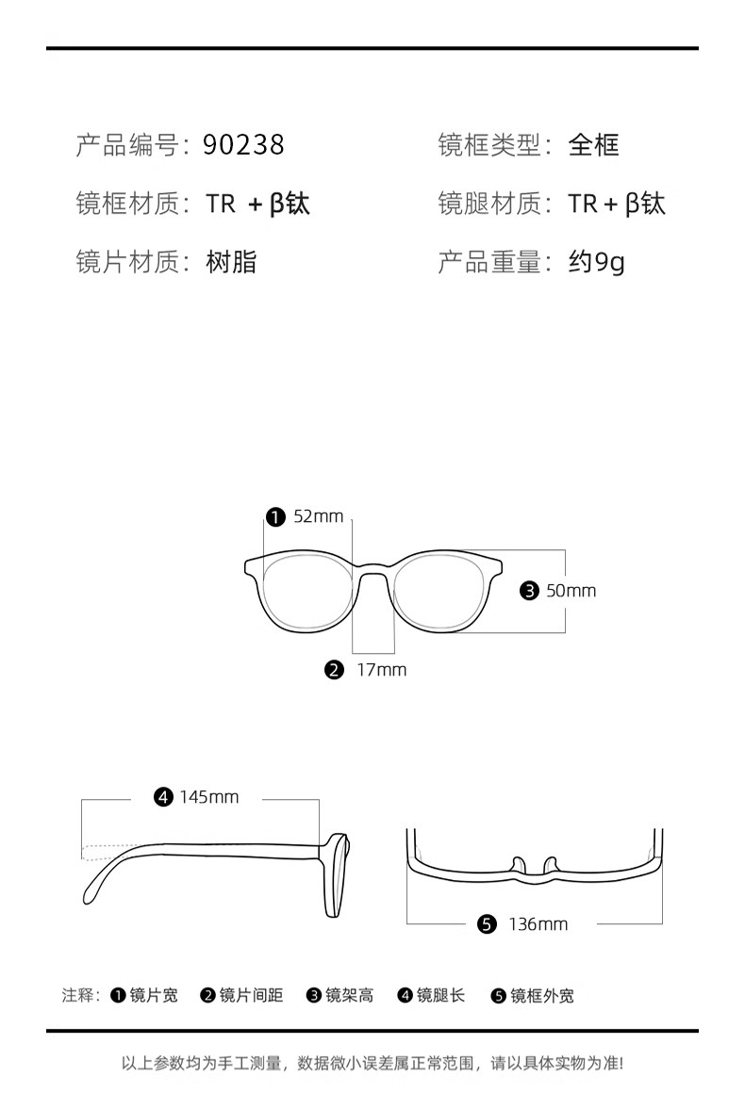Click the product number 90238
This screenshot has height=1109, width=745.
coord(243,145)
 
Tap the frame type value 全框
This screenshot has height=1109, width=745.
coord(593,145)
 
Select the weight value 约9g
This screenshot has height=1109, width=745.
coord(596,262)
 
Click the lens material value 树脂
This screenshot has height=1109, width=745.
coord(231,262)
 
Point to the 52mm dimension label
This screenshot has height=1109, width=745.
coord(318,516)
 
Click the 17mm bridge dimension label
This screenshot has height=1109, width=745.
coord(381,670)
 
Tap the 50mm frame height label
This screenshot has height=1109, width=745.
coord(571,591)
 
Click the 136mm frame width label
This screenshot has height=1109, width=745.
coord(538,924)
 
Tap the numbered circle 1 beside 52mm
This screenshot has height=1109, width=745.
coord(275,516)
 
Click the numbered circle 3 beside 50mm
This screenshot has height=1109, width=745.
coord(529,591)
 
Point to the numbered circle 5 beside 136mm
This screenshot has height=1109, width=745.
coord(487,924)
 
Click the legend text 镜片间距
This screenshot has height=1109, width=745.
coord(251,995)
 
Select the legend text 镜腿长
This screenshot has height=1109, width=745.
coord(441,995)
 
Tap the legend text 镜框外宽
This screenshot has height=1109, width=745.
coord(541,995)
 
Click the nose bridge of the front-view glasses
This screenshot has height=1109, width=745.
coord(372,569)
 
